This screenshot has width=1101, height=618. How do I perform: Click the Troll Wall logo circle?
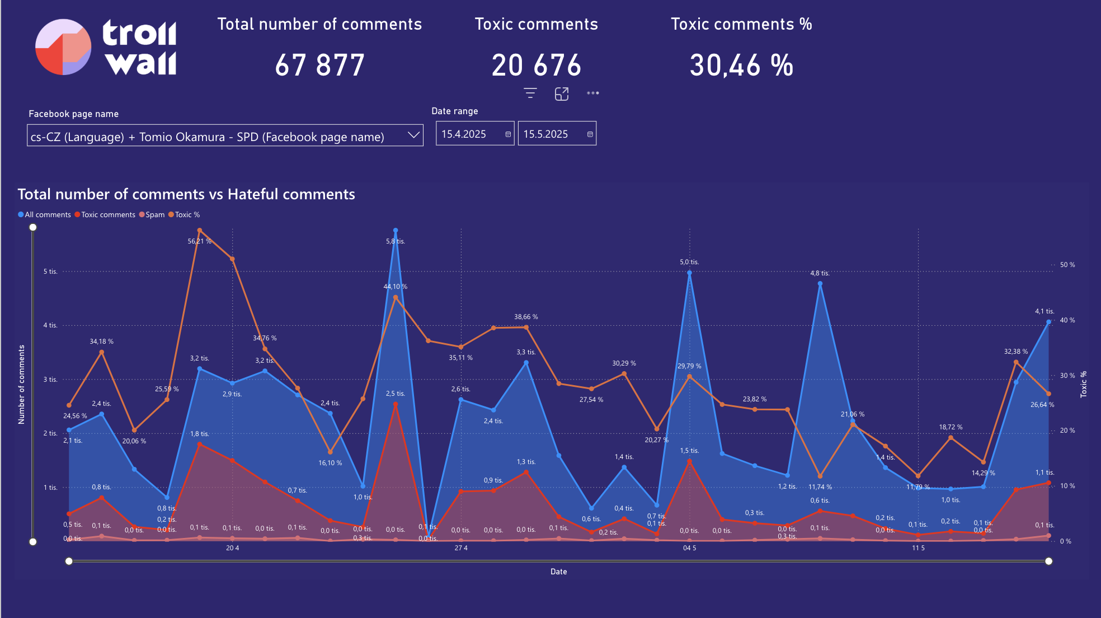(x=63, y=47)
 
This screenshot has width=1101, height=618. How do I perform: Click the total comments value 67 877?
(x=319, y=65)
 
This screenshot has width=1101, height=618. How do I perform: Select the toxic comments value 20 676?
(x=537, y=65)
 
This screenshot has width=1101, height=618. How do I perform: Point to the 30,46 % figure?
(x=741, y=65)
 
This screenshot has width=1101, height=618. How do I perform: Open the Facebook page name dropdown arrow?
(x=413, y=135)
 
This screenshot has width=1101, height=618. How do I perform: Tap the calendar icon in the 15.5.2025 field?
(x=590, y=134)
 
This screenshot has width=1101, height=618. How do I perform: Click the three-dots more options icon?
(x=593, y=93)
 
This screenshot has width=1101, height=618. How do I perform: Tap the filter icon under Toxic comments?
(x=530, y=93)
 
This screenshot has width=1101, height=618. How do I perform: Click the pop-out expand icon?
(x=562, y=94)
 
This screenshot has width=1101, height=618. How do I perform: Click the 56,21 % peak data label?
(x=200, y=241)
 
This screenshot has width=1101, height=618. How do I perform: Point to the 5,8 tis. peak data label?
(x=396, y=241)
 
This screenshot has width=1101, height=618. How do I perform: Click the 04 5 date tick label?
(x=689, y=548)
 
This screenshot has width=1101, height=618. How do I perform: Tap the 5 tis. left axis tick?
(x=50, y=271)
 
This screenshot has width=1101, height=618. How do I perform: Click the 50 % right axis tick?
(x=1067, y=265)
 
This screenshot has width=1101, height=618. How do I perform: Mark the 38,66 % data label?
(x=526, y=317)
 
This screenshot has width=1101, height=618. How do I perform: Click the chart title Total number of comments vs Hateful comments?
(x=186, y=194)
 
